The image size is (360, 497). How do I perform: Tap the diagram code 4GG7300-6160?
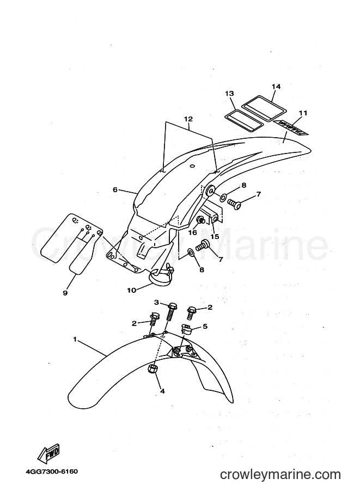[x=52, y=471]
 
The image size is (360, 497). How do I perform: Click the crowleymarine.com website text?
[x=280, y=475]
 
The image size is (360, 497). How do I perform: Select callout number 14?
[x=276, y=87]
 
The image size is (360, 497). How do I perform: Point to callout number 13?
[x=229, y=93]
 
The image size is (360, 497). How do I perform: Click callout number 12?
[x=188, y=119]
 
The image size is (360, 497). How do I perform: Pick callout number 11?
[x=303, y=113]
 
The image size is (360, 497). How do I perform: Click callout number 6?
[x=115, y=189]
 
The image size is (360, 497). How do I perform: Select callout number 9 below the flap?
[x=65, y=293]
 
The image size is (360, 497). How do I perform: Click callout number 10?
[x=132, y=290]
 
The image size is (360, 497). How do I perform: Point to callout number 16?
[x=193, y=232]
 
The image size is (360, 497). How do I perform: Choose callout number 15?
[x=215, y=236]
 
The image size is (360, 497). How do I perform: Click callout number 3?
[x=156, y=302]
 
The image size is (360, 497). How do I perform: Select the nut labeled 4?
[x=151, y=369]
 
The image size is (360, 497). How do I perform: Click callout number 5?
[x=205, y=326]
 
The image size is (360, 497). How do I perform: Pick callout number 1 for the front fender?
[x=75, y=339]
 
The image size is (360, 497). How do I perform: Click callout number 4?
[x=162, y=391]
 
